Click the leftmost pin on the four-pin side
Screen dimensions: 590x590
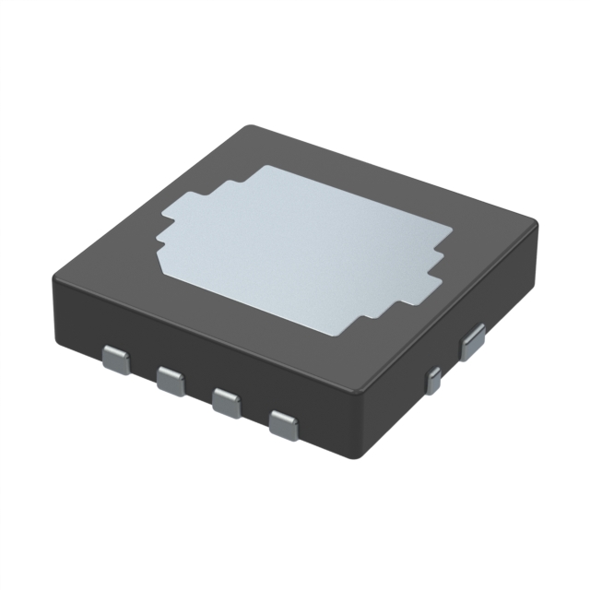pos(115,359)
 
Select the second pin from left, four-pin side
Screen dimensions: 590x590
pos(171,379)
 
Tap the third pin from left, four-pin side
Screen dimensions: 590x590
pos(227,401)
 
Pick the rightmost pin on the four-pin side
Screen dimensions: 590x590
pos(284,423)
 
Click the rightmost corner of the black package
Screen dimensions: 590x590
pos(537,221)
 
